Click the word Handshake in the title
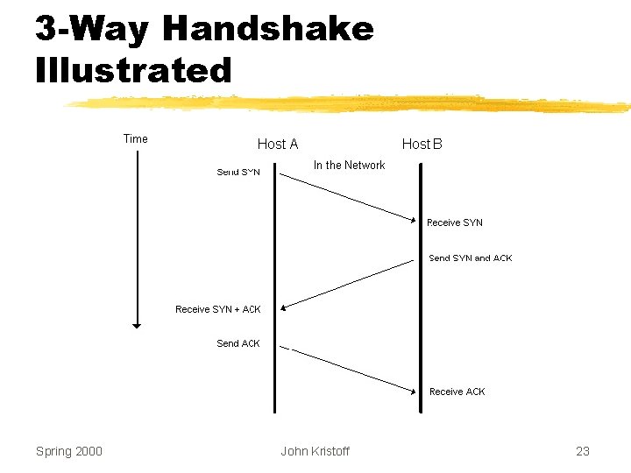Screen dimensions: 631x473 268,30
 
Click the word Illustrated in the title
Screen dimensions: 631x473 133,70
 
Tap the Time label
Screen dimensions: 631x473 136,138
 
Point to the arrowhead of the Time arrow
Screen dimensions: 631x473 136,325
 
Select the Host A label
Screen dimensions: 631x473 278,144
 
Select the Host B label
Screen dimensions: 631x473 422,144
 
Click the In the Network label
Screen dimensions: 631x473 349,165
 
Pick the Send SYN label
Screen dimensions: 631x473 238,172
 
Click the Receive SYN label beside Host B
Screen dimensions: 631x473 454,222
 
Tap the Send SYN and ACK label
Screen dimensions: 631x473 470,258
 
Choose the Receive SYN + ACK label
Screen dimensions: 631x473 217,309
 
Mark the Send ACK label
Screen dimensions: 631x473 238,343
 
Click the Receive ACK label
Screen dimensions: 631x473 457,392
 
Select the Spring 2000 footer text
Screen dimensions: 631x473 69,451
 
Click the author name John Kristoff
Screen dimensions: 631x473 315,451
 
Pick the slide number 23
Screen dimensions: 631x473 583,451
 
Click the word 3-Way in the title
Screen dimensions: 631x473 92,30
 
